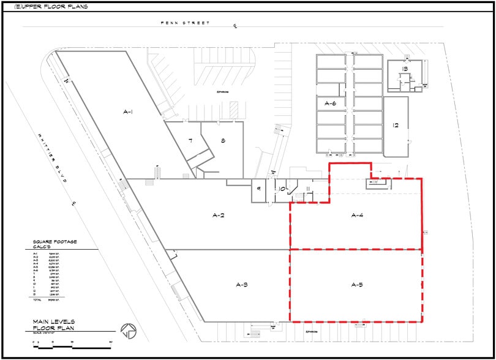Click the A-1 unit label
click(128, 111)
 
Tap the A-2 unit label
click(219, 215)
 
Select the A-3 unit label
click(241, 285)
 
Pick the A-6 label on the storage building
click(331, 103)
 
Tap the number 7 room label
click(190, 141)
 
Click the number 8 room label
click(223, 141)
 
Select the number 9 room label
click(259, 189)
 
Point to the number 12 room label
click(396, 126)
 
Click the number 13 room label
click(405, 69)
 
